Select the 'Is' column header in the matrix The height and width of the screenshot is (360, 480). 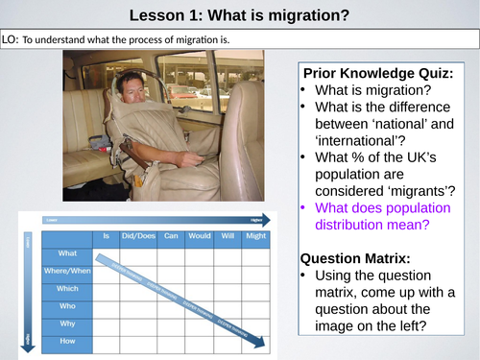tap(107, 235)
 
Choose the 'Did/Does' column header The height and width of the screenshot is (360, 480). tap(137, 235)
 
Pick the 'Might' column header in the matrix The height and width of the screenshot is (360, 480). tap(256, 235)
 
